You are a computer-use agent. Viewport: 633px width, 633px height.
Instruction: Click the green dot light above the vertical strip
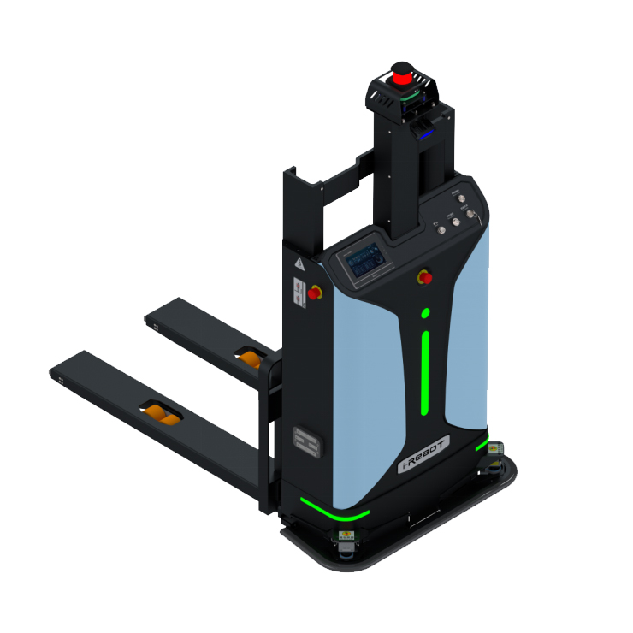click(x=425, y=313)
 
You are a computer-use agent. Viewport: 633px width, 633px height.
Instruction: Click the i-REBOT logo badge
click(x=425, y=460)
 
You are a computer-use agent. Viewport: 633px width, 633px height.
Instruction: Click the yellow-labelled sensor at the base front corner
click(x=346, y=541)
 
